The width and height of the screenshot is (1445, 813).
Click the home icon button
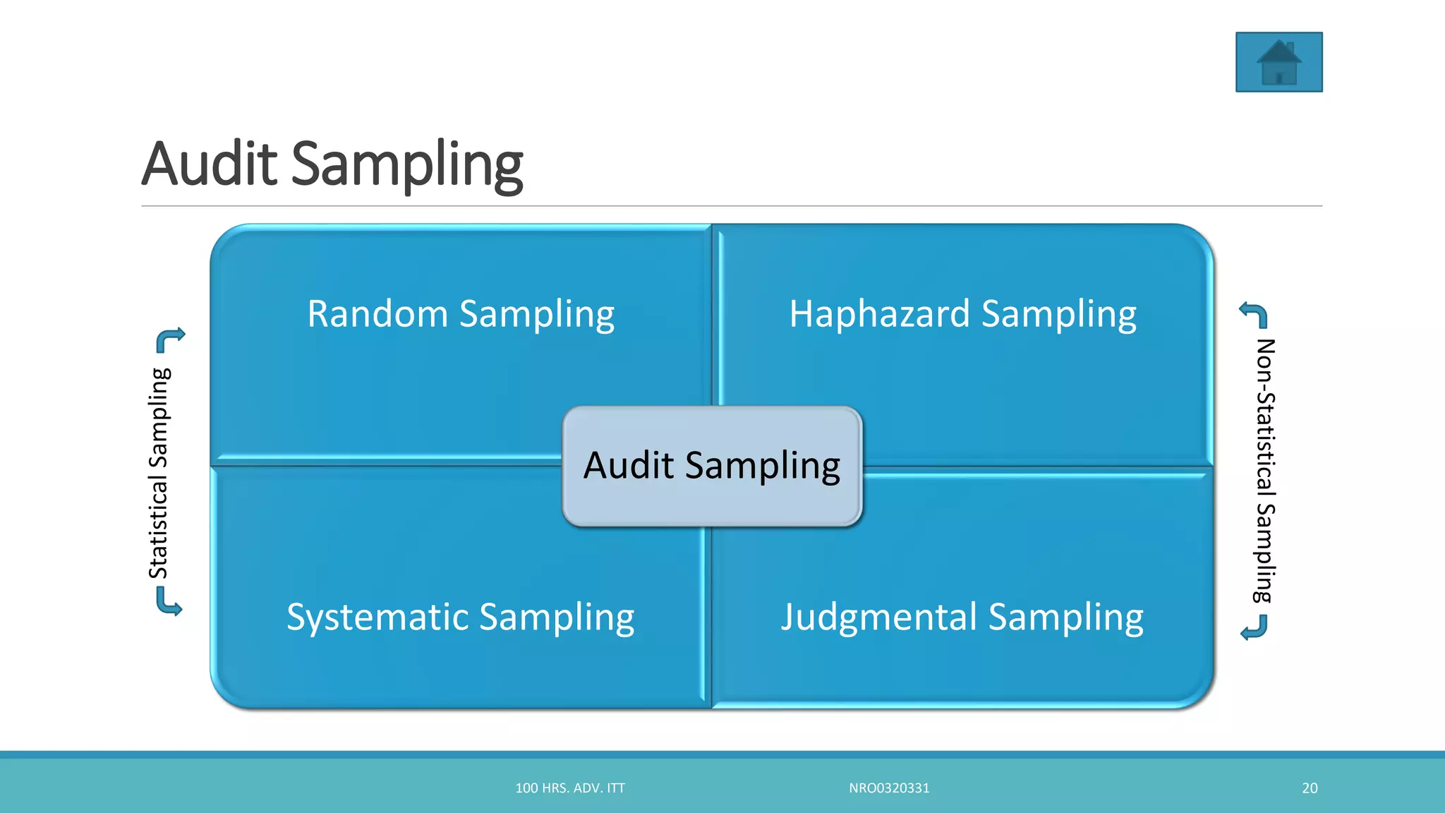pos(1278,62)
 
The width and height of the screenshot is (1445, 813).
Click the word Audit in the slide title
pos(210,164)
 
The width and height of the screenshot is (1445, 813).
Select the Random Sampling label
pos(461,314)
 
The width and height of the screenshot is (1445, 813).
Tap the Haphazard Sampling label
pos(962,314)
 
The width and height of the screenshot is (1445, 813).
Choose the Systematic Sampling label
pos(460,617)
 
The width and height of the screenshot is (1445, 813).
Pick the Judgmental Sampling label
pos(962,617)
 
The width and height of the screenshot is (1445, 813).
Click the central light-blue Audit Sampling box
pos(712,466)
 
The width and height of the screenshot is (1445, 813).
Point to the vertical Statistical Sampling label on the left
pos(159,473)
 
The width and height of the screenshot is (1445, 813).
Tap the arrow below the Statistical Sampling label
pos(169,603)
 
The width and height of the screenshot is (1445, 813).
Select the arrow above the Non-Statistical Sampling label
pos(1254,315)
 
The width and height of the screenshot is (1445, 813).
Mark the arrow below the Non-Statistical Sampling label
pos(1254,627)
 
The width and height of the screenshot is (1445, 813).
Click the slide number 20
pos(1310,788)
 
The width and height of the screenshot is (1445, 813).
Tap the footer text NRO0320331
pos(889,788)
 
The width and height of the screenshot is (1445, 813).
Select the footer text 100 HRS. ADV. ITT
pos(570,788)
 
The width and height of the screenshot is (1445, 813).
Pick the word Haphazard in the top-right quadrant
pos(879,314)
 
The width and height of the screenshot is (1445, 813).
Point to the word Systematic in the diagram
pos(378,617)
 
